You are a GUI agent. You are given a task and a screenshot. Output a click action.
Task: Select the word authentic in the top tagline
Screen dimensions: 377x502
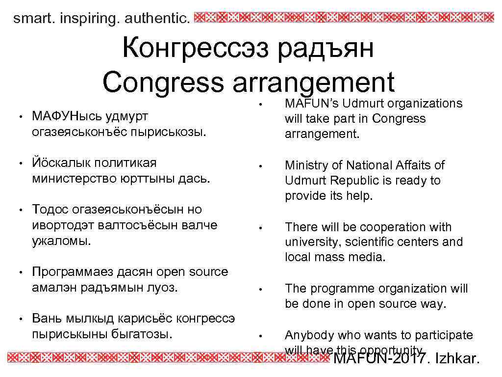156,19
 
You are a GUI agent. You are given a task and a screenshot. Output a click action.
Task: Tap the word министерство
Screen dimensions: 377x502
73,178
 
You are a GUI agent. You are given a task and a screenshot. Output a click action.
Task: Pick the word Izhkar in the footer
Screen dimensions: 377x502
456,359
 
